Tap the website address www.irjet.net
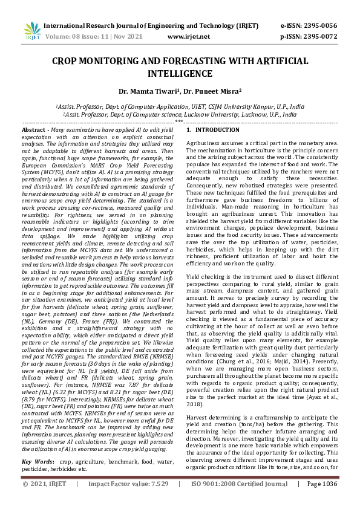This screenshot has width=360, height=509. [x=188, y=36]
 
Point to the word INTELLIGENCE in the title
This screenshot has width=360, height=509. [x=180, y=73]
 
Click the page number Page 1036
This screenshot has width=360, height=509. [x=322, y=501]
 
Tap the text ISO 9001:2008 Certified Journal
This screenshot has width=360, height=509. [x=240, y=501]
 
